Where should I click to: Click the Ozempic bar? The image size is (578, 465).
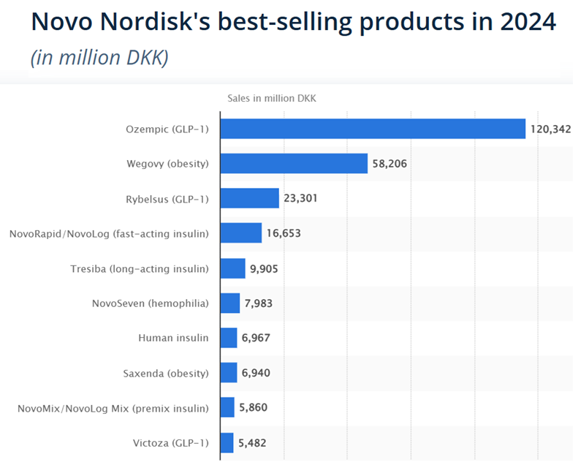coord(373,129)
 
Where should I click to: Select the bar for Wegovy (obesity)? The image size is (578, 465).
coord(294,163)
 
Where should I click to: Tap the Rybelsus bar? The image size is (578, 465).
coord(250,198)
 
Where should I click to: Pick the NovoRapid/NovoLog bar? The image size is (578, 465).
coord(241,233)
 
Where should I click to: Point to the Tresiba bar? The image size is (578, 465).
coord(233,268)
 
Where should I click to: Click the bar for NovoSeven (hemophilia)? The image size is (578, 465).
coord(230,303)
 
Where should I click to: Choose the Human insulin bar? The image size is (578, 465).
coord(229,338)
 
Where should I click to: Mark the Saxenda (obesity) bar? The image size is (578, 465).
coord(229,373)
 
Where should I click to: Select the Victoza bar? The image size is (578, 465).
coord(227,442)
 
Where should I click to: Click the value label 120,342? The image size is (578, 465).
coord(550,129)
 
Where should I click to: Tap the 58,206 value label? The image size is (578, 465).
coord(389,164)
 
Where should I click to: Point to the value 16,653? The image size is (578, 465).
coord(283,233)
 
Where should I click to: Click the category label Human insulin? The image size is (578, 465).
coord(173,339)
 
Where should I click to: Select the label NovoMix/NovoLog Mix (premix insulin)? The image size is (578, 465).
coord(113,408)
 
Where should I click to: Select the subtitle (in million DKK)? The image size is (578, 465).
coord(99,57)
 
